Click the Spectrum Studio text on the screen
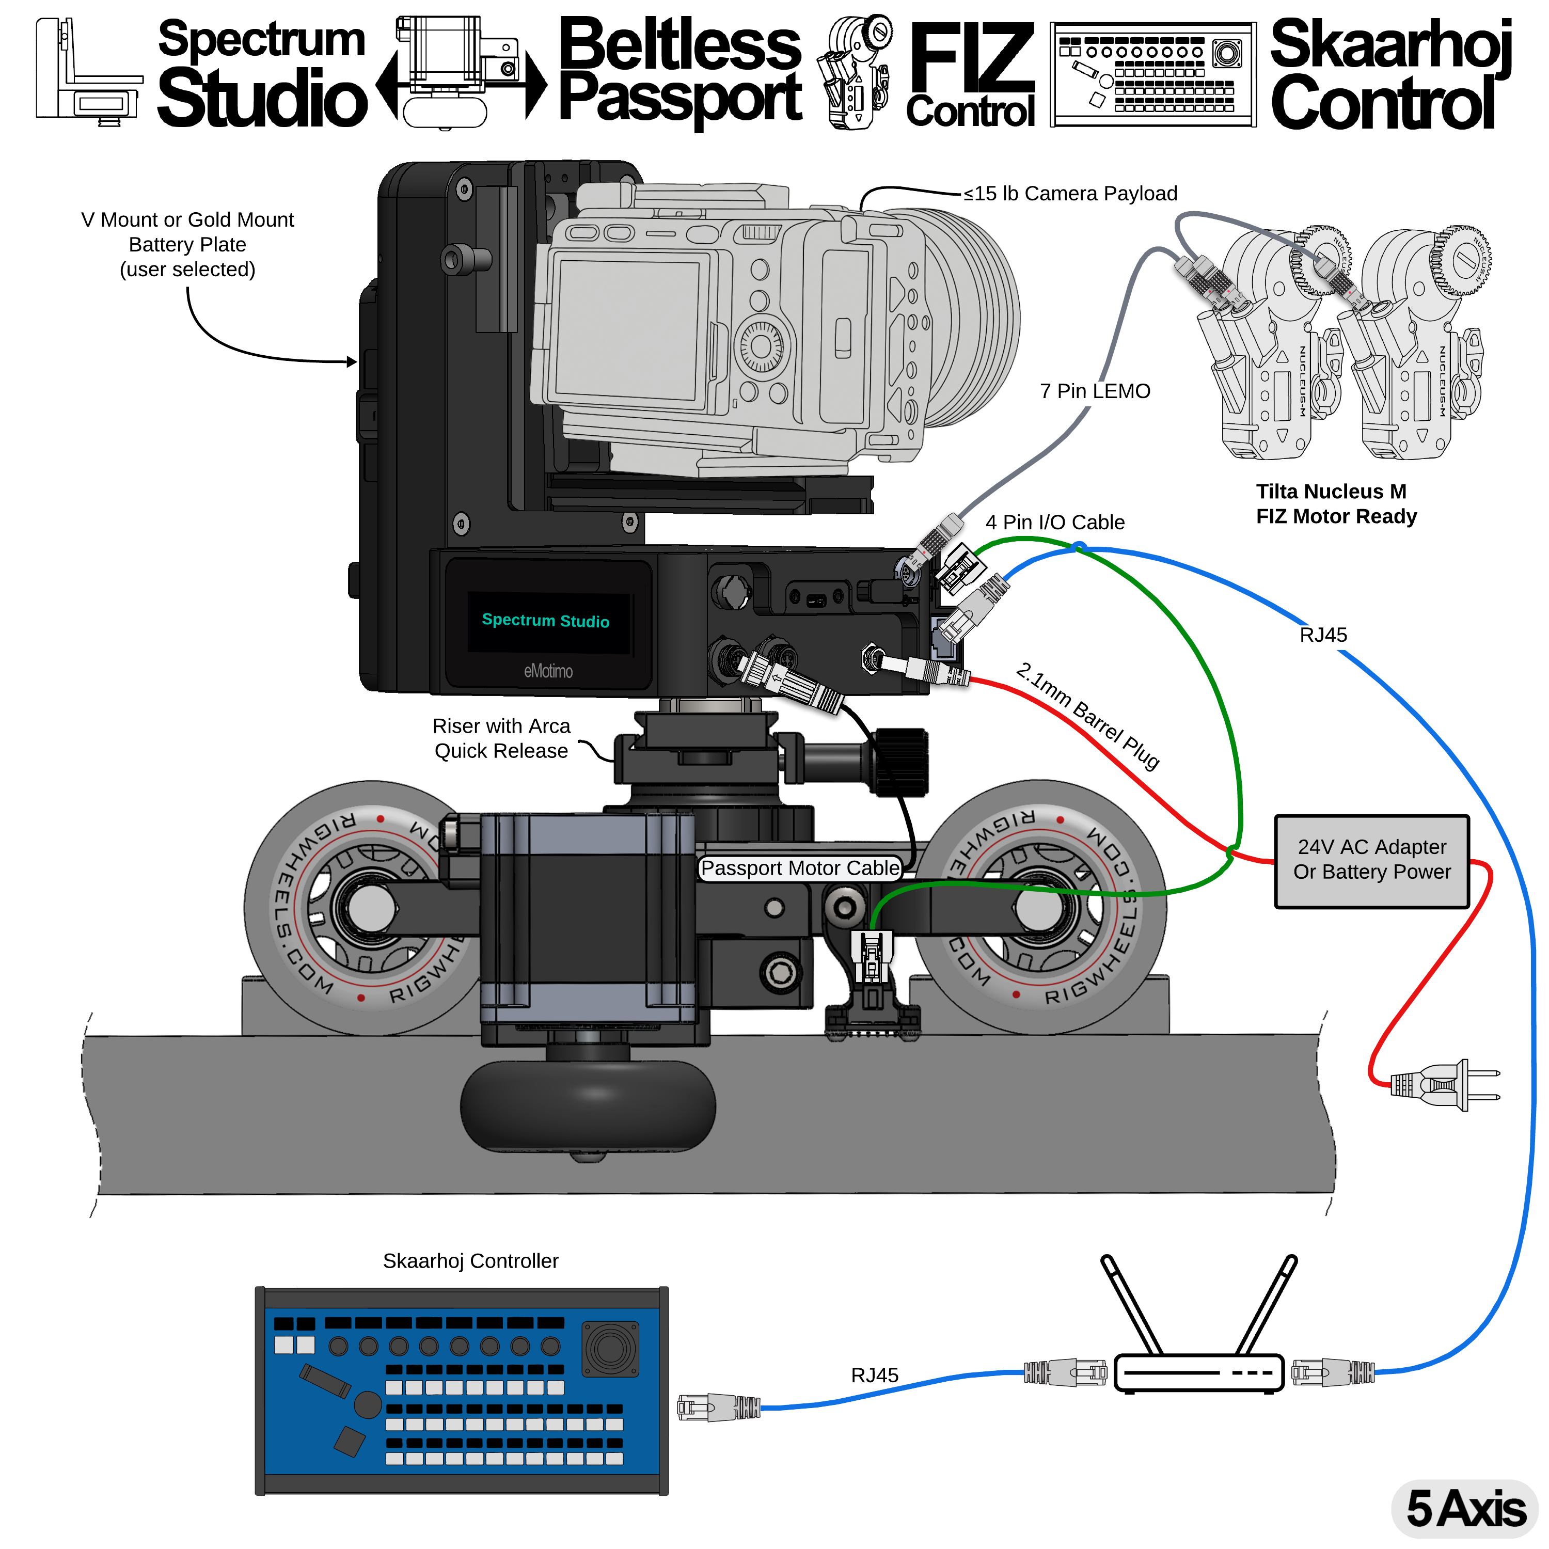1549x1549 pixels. click(545, 621)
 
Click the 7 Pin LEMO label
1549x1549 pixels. click(1095, 391)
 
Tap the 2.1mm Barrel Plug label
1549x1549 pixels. click(1088, 715)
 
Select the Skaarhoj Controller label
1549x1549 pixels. click(470, 1261)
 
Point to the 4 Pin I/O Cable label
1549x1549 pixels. click(1054, 522)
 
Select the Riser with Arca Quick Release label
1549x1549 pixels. click(501, 738)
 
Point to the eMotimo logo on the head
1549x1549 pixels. click(548, 671)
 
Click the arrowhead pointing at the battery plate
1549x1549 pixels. click(352, 361)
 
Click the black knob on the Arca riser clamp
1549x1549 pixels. click(900, 762)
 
